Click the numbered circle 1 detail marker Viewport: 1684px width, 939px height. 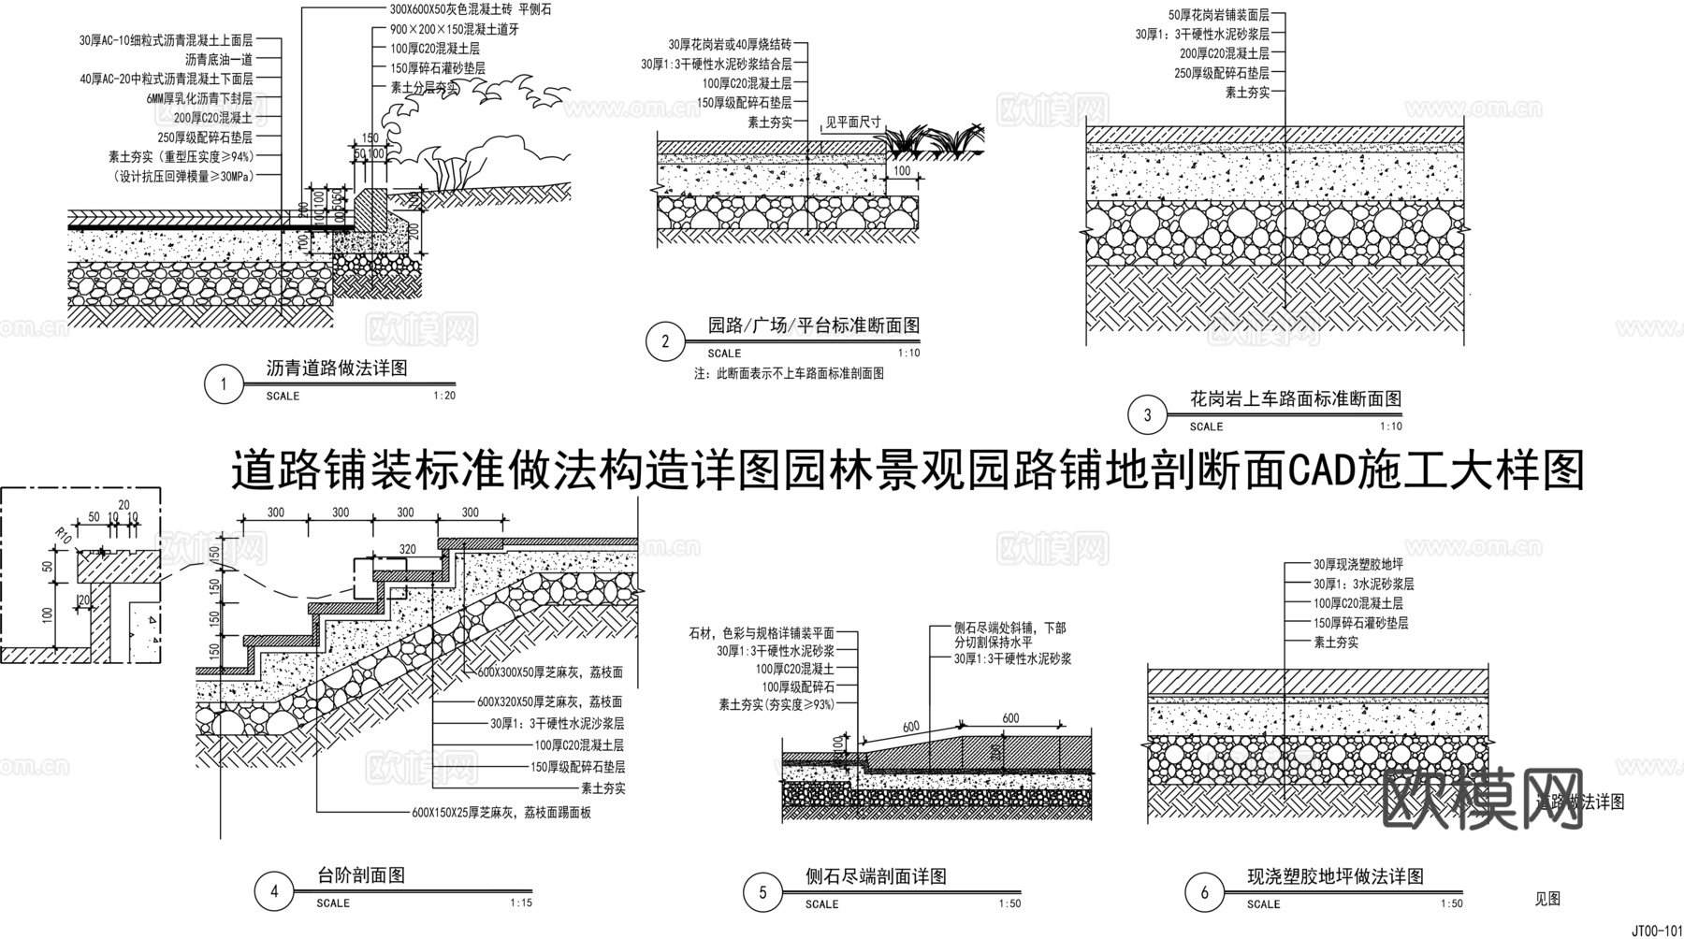click(223, 384)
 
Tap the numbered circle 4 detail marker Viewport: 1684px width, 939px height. click(274, 891)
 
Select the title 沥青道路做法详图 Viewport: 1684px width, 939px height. click(337, 368)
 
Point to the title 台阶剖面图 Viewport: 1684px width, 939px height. click(361, 876)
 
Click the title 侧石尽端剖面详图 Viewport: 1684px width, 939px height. click(876, 876)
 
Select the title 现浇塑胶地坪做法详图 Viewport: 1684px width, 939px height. click(1335, 877)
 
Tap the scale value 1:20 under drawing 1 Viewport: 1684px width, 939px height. click(444, 396)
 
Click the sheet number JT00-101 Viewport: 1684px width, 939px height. click(1657, 931)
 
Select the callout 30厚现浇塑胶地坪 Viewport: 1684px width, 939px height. click(1357, 565)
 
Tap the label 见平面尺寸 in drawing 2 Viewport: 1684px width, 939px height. click(852, 123)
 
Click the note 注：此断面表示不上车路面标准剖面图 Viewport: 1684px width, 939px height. click(789, 373)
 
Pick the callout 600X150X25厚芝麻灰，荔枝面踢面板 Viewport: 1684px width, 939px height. click(501, 813)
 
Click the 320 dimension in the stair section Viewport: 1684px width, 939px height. click(407, 549)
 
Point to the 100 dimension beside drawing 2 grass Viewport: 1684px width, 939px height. click(902, 172)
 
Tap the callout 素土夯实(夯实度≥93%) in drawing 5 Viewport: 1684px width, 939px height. click(776, 704)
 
